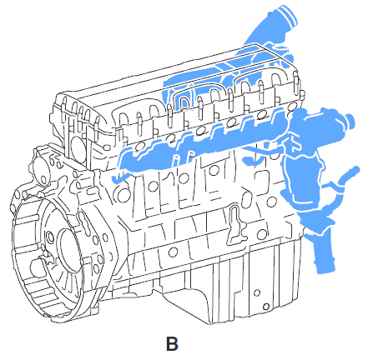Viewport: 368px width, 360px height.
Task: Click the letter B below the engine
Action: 172,343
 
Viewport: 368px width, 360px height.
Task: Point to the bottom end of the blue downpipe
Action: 326,267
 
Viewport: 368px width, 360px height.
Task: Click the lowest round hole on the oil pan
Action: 266,307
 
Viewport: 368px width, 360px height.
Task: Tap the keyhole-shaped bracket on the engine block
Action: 235,224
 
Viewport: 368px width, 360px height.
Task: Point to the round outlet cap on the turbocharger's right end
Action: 350,122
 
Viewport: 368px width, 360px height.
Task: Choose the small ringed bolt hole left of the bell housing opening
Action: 50,236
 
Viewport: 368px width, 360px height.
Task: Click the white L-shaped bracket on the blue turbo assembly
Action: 291,143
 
